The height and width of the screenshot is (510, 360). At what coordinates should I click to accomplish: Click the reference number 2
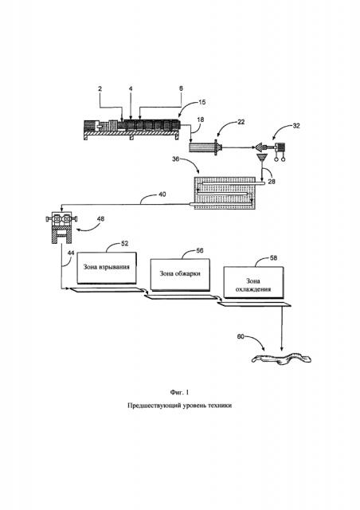tap(100, 88)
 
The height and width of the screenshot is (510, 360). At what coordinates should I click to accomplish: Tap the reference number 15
tap(202, 102)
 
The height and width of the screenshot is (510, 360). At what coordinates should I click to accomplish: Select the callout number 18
tap(201, 120)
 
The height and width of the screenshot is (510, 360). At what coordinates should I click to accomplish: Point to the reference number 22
tap(241, 122)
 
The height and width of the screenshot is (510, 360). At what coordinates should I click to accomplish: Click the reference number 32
tap(296, 126)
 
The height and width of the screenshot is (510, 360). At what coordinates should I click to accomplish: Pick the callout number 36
tap(176, 159)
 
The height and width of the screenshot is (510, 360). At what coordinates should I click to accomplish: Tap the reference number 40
tap(162, 194)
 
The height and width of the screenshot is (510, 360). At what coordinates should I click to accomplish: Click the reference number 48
tap(101, 218)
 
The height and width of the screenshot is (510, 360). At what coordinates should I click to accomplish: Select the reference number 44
tap(71, 253)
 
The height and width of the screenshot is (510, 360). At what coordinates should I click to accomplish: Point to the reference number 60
tap(241, 337)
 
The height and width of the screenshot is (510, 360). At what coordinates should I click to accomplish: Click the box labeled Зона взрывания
tap(107, 268)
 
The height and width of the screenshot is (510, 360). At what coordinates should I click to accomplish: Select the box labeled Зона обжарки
tap(180, 274)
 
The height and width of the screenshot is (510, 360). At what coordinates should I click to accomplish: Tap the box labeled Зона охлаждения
tap(253, 282)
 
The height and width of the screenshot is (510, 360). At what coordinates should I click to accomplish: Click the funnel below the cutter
tap(261, 159)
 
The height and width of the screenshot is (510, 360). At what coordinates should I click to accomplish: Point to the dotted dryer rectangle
tap(225, 193)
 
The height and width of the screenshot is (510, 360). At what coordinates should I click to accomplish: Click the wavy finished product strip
tap(281, 358)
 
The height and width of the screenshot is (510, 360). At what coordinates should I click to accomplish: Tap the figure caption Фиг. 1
tap(179, 392)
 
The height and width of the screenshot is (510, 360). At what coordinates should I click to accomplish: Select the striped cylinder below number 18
tap(201, 147)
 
